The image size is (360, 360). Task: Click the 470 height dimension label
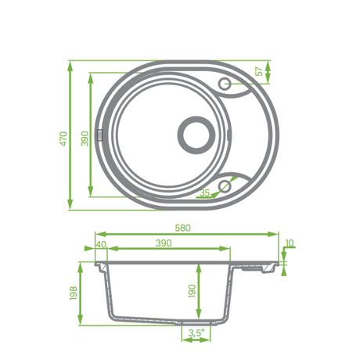pos(64,139)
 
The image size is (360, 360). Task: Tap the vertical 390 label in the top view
pos(85,139)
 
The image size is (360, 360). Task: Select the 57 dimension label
pos(260,71)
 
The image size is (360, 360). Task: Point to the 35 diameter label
pos(205,193)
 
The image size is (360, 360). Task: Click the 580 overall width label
pos(183,228)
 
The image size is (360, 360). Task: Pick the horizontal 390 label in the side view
pos(164,243)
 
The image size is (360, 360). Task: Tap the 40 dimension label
pos(102,244)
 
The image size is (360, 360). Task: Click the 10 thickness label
pos(290,243)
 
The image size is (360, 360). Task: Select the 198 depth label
pos(74,293)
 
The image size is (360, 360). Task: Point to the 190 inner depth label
pos(192,291)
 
